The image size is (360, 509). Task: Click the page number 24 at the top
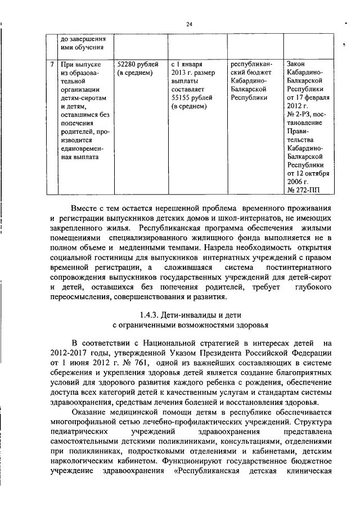189,24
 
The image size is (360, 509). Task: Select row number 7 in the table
52,64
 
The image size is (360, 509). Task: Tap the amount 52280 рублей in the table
137,64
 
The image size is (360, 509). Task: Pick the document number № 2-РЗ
300,114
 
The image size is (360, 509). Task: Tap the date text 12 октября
312,174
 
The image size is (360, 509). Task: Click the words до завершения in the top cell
83,38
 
